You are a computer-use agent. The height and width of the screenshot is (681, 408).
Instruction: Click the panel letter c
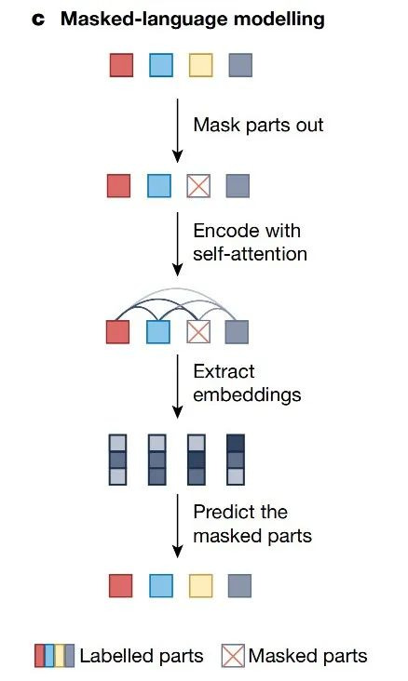tap(38, 20)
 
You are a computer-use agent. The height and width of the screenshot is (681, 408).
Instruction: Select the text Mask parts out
tap(258, 125)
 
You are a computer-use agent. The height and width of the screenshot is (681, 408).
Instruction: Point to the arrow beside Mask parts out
tap(177, 131)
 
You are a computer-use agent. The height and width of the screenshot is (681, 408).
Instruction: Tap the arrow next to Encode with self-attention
tap(177, 244)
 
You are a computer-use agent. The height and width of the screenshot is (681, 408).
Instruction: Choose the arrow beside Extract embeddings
tap(177, 386)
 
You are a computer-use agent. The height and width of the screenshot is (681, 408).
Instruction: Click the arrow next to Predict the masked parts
tap(177, 526)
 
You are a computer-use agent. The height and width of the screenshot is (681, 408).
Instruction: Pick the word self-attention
tap(250, 254)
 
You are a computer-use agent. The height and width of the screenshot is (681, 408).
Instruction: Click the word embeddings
tap(247, 395)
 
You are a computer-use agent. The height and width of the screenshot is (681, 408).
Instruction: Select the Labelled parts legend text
tap(142, 656)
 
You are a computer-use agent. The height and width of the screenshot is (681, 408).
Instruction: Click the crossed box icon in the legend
tap(233, 655)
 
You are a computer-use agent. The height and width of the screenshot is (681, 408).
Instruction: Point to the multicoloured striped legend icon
tap(54, 655)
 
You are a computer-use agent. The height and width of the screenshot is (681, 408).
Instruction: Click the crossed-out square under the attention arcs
tap(198, 332)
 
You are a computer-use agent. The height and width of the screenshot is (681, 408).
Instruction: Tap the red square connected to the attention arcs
tap(117, 332)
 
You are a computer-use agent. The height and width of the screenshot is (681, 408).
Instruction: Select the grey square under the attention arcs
tap(237, 332)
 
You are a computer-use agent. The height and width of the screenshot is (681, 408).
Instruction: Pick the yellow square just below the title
tap(201, 65)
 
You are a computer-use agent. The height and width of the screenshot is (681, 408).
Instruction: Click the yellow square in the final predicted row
tap(201, 585)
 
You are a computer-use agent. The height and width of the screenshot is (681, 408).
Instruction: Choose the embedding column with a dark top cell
tap(236, 460)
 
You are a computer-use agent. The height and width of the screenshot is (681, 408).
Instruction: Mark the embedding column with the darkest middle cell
tap(197, 460)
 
